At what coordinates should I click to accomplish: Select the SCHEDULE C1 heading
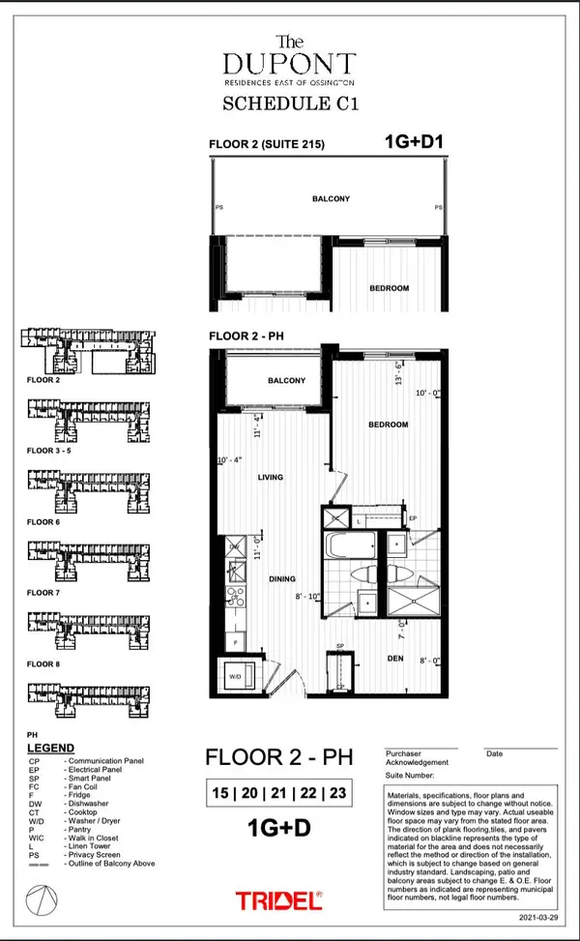291,105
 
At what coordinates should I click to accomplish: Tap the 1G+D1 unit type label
414,143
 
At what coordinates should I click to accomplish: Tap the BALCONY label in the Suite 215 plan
330,199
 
